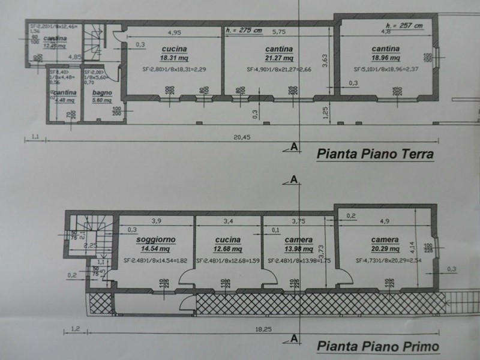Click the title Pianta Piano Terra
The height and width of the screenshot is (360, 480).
pos(375,155)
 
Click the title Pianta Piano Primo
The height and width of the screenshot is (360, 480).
pos(378,346)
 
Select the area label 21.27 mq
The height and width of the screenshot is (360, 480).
pos(278,58)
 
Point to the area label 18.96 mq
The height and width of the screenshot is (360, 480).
pos(385,59)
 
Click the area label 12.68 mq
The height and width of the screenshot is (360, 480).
pos(229,248)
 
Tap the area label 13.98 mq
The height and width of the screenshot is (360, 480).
pos(298,248)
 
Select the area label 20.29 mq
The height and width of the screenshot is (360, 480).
pos(385,248)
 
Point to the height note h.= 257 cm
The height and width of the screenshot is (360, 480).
pos(404,25)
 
